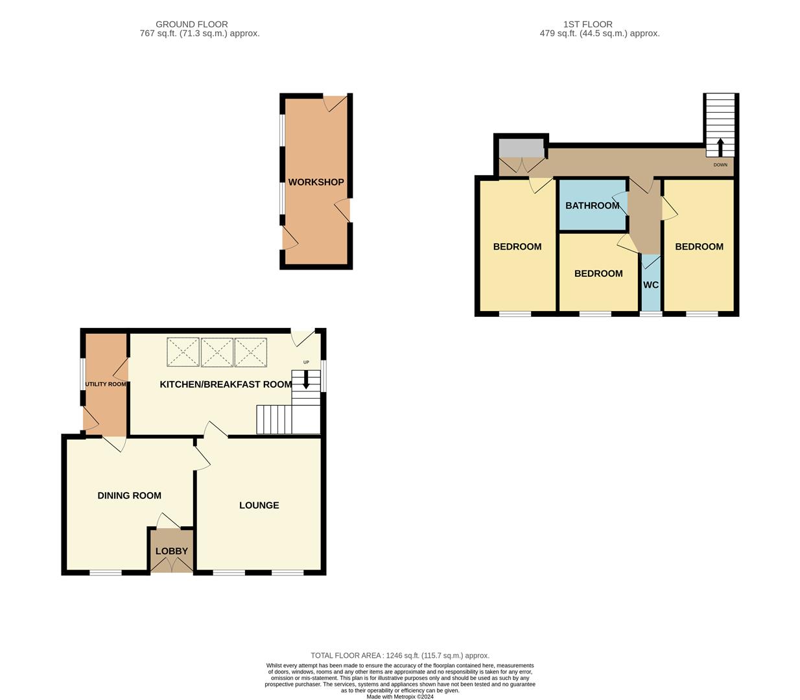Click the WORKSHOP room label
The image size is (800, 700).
click(316, 182)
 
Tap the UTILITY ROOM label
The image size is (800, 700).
click(106, 384)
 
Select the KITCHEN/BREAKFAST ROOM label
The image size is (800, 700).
click(226, 384)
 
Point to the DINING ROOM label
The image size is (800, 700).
click(129, 496)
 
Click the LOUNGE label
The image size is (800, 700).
click(259, 506)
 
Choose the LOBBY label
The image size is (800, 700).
click(171, 552)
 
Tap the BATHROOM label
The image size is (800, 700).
click(592, 205)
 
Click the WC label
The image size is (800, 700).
click(651, 285)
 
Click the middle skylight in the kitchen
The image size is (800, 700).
click(217, 353)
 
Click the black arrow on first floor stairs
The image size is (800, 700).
click(720, 147)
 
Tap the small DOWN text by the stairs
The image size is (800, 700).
click(720, 165)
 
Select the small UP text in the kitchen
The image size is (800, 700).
click(306, 362)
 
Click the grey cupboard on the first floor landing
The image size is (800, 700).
click(521, 148)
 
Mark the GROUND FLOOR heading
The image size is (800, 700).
click(192, 25)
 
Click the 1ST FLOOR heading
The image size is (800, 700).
click(587, 25)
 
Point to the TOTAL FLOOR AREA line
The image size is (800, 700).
click(400, 656)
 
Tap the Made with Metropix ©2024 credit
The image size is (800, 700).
click(400, 697)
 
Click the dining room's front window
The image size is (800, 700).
click(105, 572)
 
